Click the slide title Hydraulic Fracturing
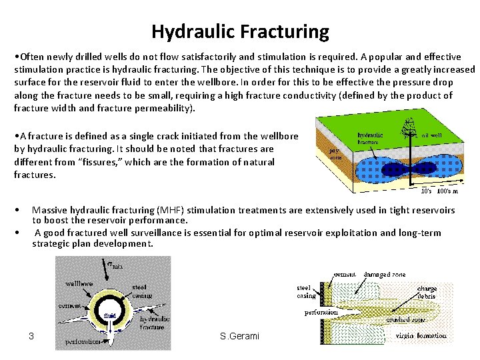pyautogui.click(x=240, y=31)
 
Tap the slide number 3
pyautogui.click(x=31, y=335)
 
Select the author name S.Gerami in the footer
pyautogui.click(x=239, y=335)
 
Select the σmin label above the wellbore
pyautogui.click(x=115, y=265)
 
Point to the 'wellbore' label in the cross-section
pyautogui.click(x=79, y=282)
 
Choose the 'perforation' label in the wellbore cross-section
pyautogui.click(x=83, y=341)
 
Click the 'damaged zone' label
pyautogui.click(x=390, y=274)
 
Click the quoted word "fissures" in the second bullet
pyautogui.click(x=77, y=162)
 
